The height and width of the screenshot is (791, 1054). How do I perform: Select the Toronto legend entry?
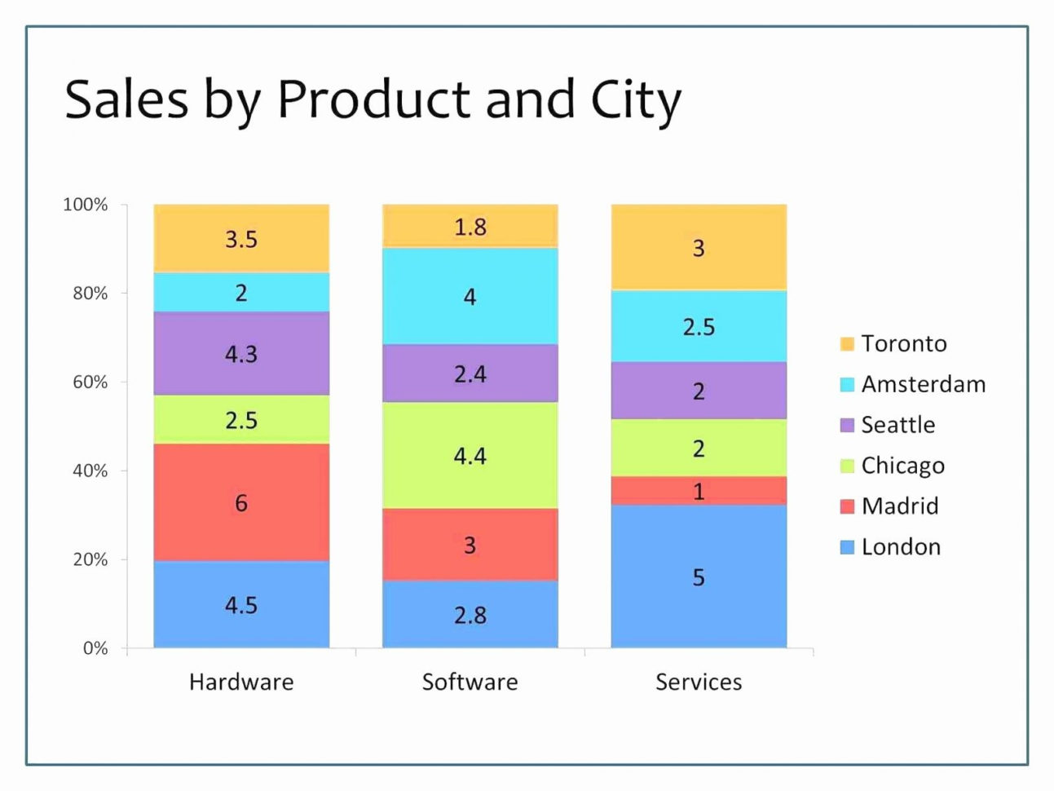click(x=903, y=343)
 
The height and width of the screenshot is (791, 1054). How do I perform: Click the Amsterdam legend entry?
click(x=923, y=384)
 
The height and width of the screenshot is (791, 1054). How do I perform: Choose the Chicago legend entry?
click(x=902, y=466)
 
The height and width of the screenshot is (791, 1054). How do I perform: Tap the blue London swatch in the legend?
click(x=847, y=547)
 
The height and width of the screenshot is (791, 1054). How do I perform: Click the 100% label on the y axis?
click(x=85, y=205)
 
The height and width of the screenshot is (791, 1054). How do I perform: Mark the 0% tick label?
click(x=95, y=648)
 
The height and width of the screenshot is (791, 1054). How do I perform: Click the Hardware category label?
click(x=241, y=682)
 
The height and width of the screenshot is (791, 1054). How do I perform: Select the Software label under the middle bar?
click(x=470, y=682)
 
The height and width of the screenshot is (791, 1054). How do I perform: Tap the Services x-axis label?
click(x=699, y=682)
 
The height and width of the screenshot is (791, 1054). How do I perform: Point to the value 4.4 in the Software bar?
click(x=470, y=455)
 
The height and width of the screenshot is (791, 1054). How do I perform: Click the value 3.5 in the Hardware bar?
click(x=241, y=239)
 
